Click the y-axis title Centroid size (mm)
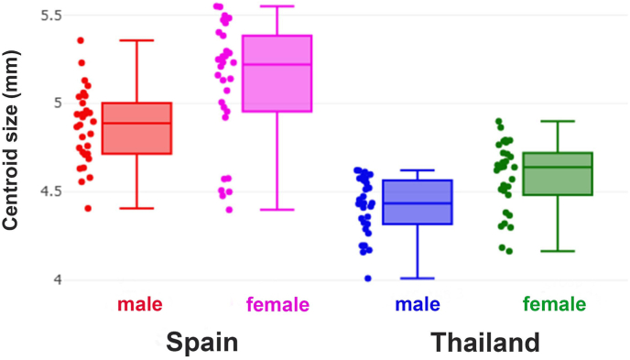coord(12,151)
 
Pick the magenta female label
coord(277,304)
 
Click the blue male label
coord(417,303)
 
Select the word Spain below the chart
coord(201,343)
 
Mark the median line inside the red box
coord(136,123)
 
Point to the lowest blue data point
coord(368,278)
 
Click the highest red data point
coord(81,40)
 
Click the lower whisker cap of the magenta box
coord(277,210)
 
